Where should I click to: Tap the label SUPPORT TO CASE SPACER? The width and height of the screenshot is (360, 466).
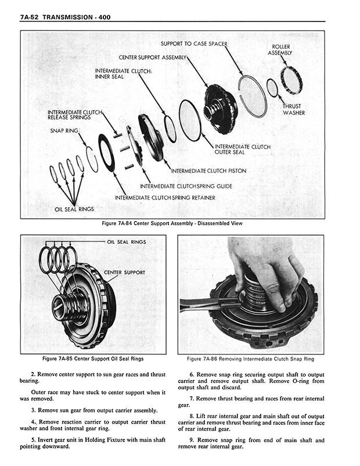pos(195,44)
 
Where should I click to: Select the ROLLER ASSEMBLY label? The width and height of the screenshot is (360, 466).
pos(280,49)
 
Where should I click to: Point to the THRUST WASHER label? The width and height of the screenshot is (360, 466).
pos(293,109)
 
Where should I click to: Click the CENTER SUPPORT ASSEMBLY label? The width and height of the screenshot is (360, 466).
pos(153,58)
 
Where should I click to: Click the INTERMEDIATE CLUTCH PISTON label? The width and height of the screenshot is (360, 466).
pos(208,171)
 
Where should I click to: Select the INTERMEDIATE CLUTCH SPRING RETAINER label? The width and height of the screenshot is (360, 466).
pos(165,198)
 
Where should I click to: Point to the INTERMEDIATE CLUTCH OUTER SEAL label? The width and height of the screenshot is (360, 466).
pos(242,150)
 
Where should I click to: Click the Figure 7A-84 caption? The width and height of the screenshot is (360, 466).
pos(171,223)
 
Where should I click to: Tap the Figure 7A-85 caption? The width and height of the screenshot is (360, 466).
pos(93,359)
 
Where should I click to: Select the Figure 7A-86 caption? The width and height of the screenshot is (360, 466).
pos(250,359)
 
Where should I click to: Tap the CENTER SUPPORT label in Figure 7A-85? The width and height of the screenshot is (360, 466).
pos(125,272)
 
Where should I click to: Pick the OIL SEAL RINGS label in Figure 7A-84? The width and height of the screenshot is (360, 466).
pos(74,209)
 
